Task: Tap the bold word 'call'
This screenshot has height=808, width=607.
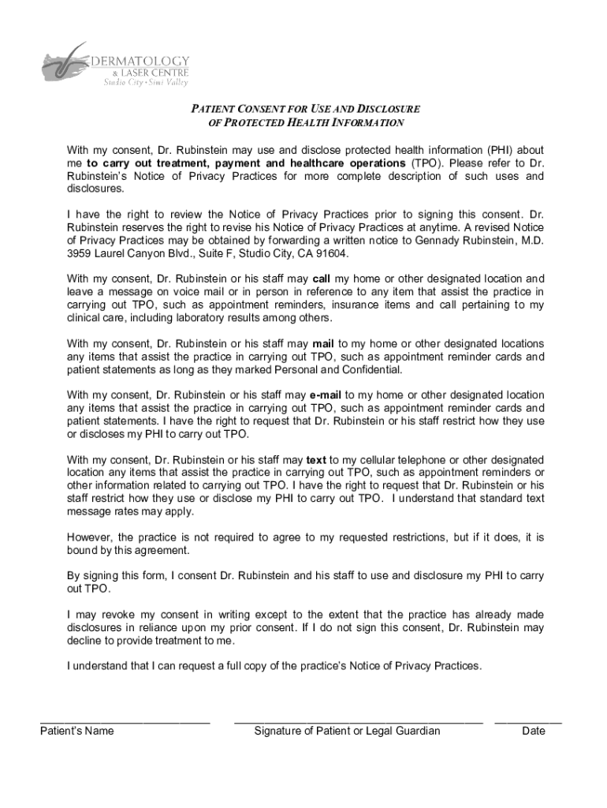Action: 322,279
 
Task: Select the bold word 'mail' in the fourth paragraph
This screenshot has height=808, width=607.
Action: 324,343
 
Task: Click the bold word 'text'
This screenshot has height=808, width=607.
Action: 316,459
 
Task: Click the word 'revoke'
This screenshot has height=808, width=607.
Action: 115,615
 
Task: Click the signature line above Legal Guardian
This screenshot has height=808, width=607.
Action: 358,721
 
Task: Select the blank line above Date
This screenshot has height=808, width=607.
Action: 528,721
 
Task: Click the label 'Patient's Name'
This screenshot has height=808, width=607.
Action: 77,731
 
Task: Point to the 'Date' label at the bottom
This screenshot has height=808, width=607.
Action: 534,731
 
